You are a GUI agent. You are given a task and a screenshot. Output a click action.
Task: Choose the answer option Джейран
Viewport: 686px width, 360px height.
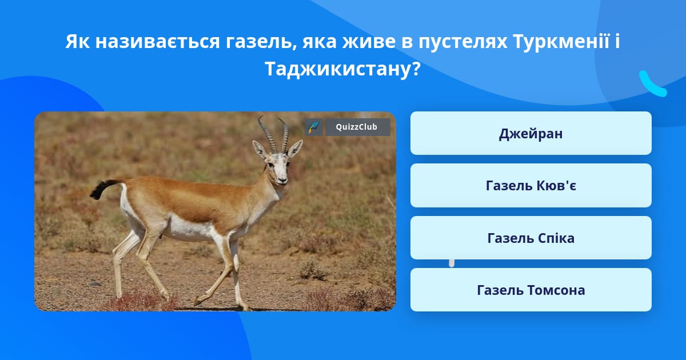[x=531, y=133]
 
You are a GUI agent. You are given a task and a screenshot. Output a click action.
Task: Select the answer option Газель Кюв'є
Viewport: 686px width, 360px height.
[x=531, y=186]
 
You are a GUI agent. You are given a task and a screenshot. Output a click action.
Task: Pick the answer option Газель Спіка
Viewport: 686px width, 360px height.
[x=531, y=238]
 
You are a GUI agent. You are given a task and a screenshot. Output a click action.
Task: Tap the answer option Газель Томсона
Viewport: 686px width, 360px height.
[x=531, y=290]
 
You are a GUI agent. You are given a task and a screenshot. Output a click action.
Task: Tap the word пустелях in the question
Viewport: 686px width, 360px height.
[x=462, y=42]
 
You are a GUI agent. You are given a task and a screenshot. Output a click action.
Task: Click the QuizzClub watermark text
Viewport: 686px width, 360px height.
[x=357, y=127]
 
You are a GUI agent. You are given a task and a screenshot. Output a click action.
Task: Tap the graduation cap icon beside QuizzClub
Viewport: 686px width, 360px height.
[x=313, y=127]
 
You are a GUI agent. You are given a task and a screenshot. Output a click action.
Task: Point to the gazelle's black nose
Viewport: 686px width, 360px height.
[x=282, y=181]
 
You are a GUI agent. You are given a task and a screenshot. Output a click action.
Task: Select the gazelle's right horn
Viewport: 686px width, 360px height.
[x=284, y=135]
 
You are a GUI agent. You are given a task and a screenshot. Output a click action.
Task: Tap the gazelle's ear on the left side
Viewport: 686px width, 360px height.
[x=260, y=149]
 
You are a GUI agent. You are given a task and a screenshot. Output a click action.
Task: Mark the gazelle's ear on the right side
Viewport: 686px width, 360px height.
[x=294, y=149]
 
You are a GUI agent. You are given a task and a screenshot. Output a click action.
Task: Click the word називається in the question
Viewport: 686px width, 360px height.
[x=157, y=42]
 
